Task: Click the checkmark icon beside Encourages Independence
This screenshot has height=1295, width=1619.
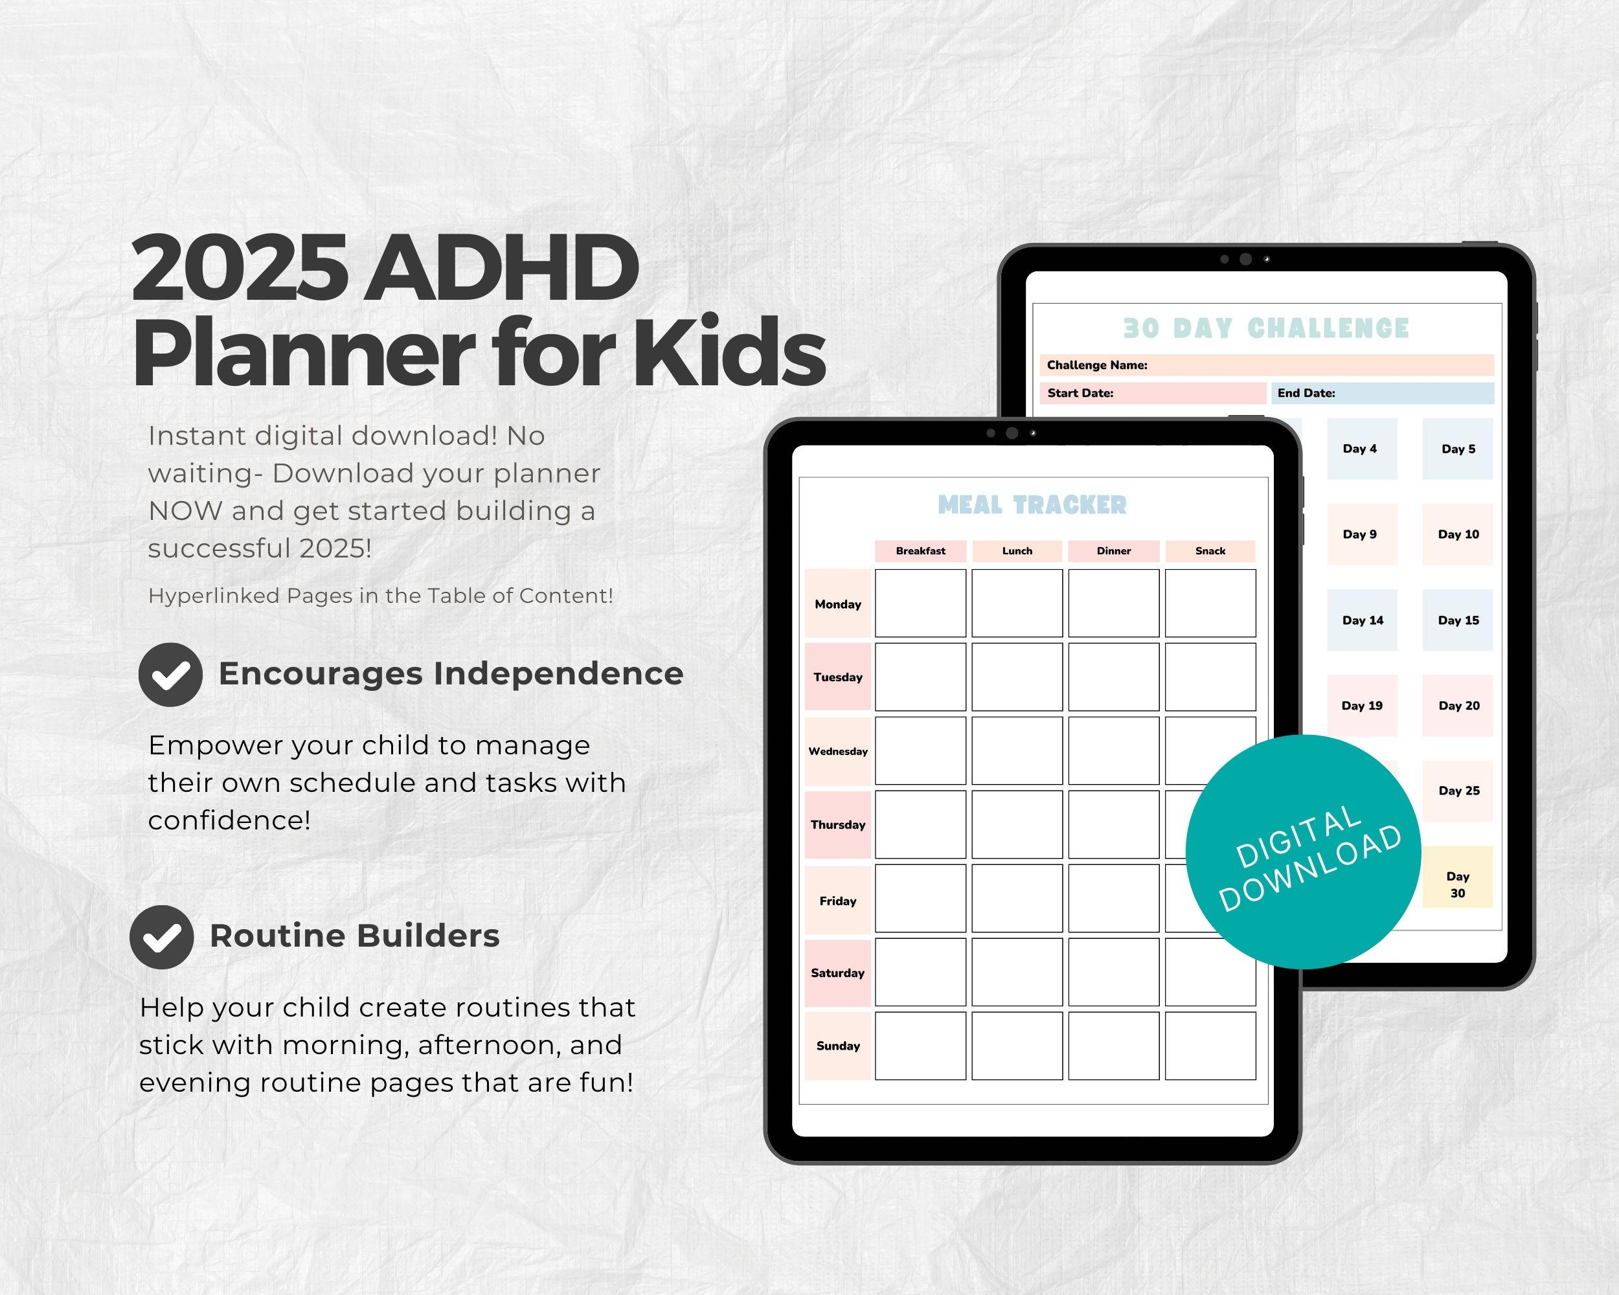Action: tap(170, 674)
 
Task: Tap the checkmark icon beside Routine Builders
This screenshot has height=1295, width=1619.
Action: tap(161, 937)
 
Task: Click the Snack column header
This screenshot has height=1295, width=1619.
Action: tap(1210, 551)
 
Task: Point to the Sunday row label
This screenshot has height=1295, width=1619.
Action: tap(837, 1046)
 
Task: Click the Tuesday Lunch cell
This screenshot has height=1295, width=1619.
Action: tap(1017, 677)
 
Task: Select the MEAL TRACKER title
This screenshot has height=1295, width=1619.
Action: tap(1032, 505)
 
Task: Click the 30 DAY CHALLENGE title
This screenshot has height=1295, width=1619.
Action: tap(1266, 329)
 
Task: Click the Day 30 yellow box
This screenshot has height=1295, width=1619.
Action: tap(1457, 877)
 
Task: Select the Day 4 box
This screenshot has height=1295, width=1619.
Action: tap(1361, 449)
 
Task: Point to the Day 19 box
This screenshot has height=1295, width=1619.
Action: tap(1361, 706)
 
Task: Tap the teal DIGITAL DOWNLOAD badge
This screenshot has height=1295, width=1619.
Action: tap(1303, 852)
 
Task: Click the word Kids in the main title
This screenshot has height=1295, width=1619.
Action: tap(729, 352)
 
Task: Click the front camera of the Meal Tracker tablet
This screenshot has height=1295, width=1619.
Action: tap(1012, 433)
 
